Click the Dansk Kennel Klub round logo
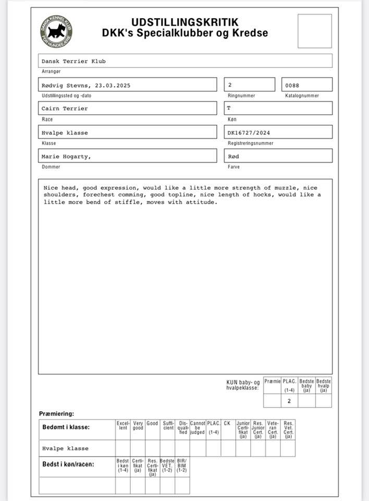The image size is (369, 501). [56, 32]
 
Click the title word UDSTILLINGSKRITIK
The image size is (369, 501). [185, 22]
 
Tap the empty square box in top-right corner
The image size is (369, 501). [314, 31]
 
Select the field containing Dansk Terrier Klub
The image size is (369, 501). [74, 61]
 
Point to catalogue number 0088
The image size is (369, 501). [292, 85]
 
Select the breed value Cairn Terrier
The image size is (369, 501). [65, 109]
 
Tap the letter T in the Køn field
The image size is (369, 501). [228, 109]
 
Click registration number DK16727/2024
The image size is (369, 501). [249, 133]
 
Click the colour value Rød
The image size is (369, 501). [233, 157]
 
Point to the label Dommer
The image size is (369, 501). [51, 167]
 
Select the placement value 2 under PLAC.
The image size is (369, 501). [289, 401]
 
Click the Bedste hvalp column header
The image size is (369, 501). [324, 385]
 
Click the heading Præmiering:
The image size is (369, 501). [57, 414]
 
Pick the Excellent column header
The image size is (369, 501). [123, 426]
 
